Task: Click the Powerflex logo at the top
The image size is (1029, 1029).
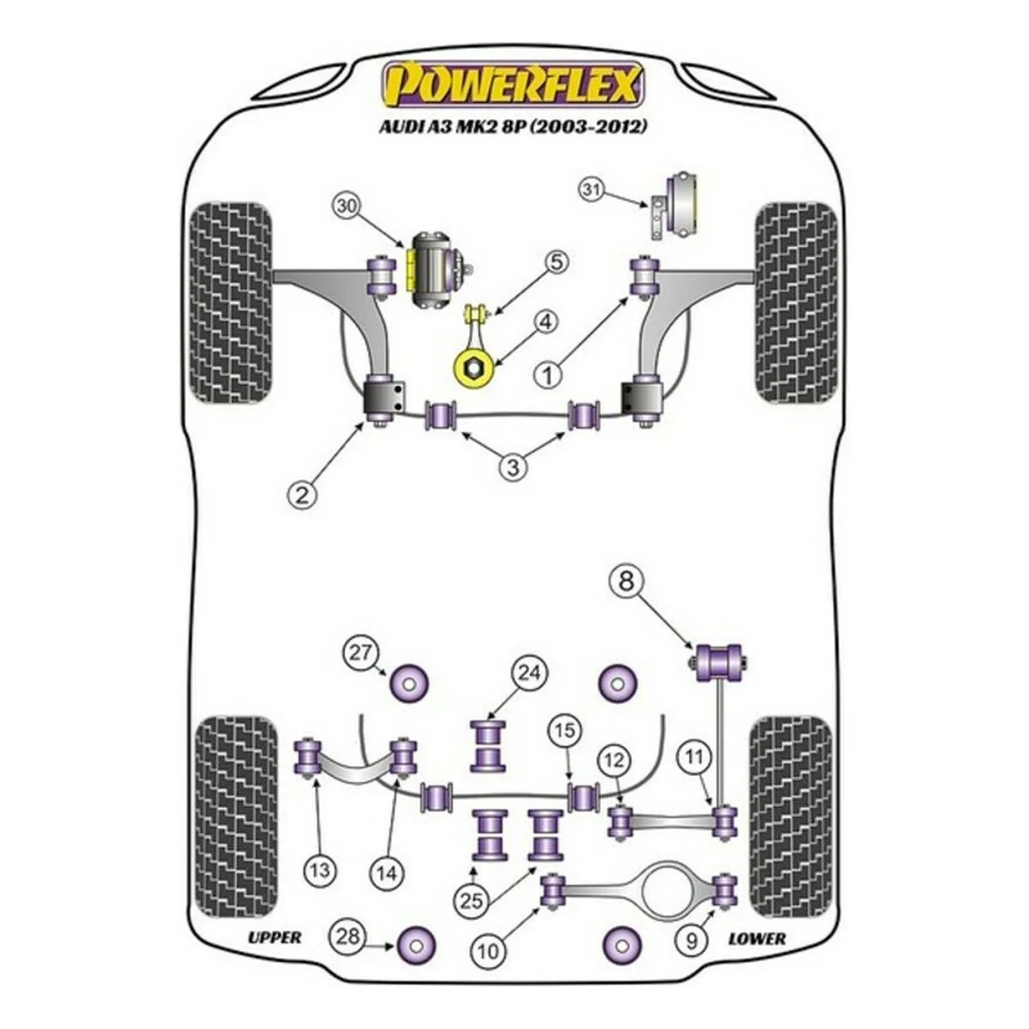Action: point(512,85)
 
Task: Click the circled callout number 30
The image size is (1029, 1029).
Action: point(347,207)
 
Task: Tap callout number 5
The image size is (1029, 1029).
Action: point(556,262)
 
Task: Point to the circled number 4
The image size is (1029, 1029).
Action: point(545,323)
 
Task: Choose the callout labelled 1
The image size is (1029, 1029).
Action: point(548,375)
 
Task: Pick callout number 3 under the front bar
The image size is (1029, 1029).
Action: point(513,467)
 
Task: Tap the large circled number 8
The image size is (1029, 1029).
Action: point(628,582)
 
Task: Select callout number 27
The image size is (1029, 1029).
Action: point(362,653)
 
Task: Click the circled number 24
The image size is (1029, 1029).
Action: point(529,673)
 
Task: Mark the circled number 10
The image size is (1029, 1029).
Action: point(488,949)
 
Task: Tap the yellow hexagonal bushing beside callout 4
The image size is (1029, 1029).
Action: point(472,370)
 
